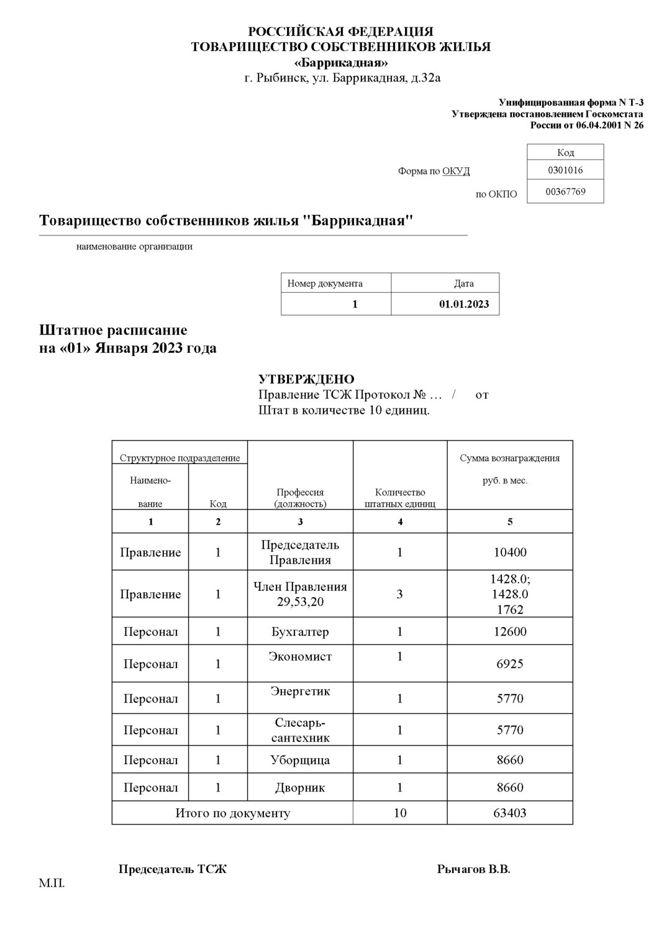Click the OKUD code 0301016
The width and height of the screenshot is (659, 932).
(x=565, y=170)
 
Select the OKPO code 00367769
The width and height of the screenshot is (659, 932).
(x=565, y=191)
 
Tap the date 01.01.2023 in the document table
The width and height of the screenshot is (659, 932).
(x=463, y=304)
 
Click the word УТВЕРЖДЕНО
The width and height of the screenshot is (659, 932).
(x=306, y=379)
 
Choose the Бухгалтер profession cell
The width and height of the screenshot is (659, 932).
(x=300, y=632)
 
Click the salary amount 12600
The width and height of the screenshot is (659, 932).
(x=510, y=632)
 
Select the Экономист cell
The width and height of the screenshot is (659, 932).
(x=300, y=657)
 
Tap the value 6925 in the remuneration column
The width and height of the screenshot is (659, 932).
(x=510, y=664)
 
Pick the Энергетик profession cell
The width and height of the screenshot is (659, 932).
(x=300, y=692)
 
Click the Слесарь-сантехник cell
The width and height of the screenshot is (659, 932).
(x=300, y=731)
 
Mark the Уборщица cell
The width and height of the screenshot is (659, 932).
(x=300, y=761)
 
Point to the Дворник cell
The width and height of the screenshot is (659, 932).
(x=300, y=788)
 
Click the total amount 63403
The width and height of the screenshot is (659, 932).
(x=510, y=813)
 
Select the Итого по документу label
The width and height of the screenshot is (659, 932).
(x=233, y=813)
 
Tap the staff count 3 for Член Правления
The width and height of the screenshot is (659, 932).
(x=399, y=594)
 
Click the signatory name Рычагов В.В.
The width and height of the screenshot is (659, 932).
(x=473, y=869)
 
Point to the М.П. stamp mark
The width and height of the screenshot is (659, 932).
(x=52, y=884)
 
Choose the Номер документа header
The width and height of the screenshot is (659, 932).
(x=325, y=283)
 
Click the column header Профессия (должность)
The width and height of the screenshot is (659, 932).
(x=300, y=498)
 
